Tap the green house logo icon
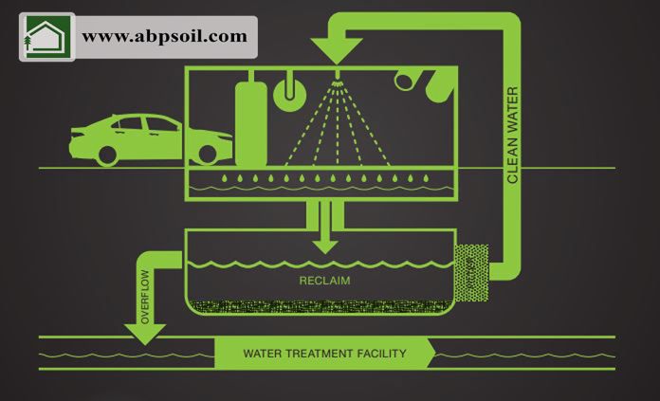click(x=46, y=37)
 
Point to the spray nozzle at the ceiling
click(x=338, y=75)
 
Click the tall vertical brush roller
click(x=250, y=118)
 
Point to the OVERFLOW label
click(x=145, y=294)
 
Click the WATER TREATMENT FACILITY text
click(x=324, y=354)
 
